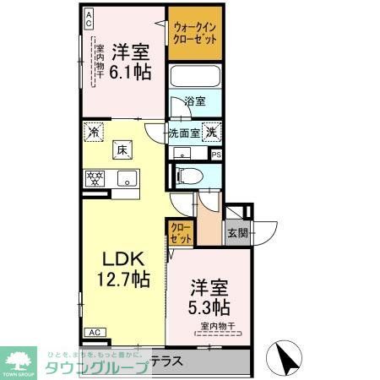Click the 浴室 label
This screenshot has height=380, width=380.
tap(196, 102)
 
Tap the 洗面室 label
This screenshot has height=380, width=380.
tap(183, 132)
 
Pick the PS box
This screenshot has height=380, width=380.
tap(216, 155)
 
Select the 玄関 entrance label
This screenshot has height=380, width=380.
tap(236, 233)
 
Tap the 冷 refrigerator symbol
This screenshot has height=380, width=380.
tap(93, 132)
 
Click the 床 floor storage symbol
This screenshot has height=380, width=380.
tap(122, 150)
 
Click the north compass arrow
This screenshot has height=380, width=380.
tap(288, 358)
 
